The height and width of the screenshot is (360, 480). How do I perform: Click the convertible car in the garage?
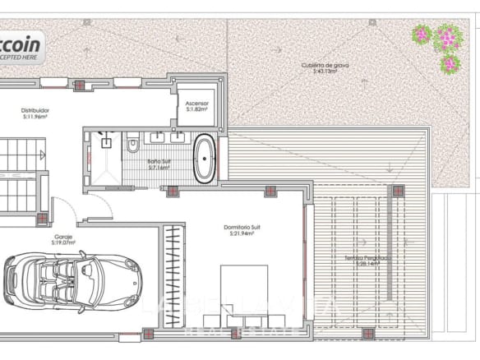pos(72,279)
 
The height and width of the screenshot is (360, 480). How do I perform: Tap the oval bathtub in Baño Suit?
pos(205,159)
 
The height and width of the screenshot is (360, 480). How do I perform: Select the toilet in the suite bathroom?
pos(132,145)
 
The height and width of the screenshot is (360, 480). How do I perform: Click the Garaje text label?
pos(63,237)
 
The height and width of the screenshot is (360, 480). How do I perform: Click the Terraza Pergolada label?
pos(367,257)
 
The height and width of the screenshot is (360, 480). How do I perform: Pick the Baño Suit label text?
pos(159,161)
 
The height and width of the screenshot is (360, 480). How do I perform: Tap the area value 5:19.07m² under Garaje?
pos(63,243)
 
